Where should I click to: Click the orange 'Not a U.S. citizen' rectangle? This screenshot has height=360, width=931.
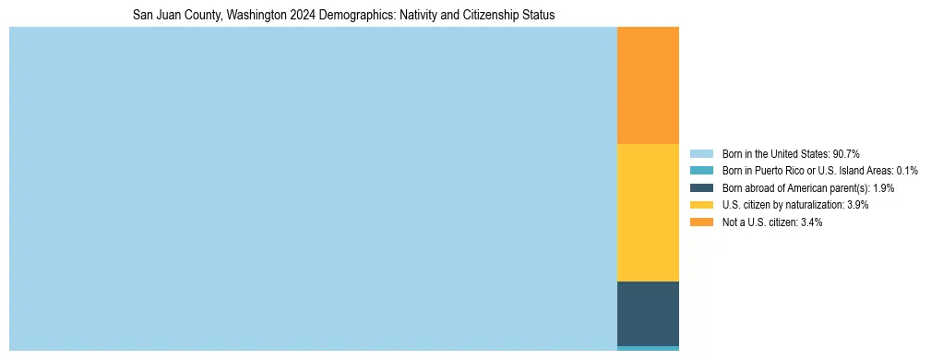tap(648, 85)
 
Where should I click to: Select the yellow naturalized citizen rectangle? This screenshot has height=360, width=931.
tap(648, 212)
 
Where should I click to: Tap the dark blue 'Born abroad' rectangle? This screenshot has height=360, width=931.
tap(648, 314)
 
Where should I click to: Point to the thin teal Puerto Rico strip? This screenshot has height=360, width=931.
tap(648, 348)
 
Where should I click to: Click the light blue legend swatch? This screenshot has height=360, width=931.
tap(701, 153)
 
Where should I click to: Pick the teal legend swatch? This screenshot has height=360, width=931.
tap(701, 171)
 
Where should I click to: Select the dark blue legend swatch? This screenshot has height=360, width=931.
tap(701, 187)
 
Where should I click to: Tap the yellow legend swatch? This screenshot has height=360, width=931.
tap(701, 205)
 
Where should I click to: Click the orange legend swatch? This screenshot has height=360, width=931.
tap(701, 222)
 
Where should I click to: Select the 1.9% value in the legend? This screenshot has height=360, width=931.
tap(881, 188)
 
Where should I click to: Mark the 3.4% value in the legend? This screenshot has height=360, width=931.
tap(811, 222)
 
